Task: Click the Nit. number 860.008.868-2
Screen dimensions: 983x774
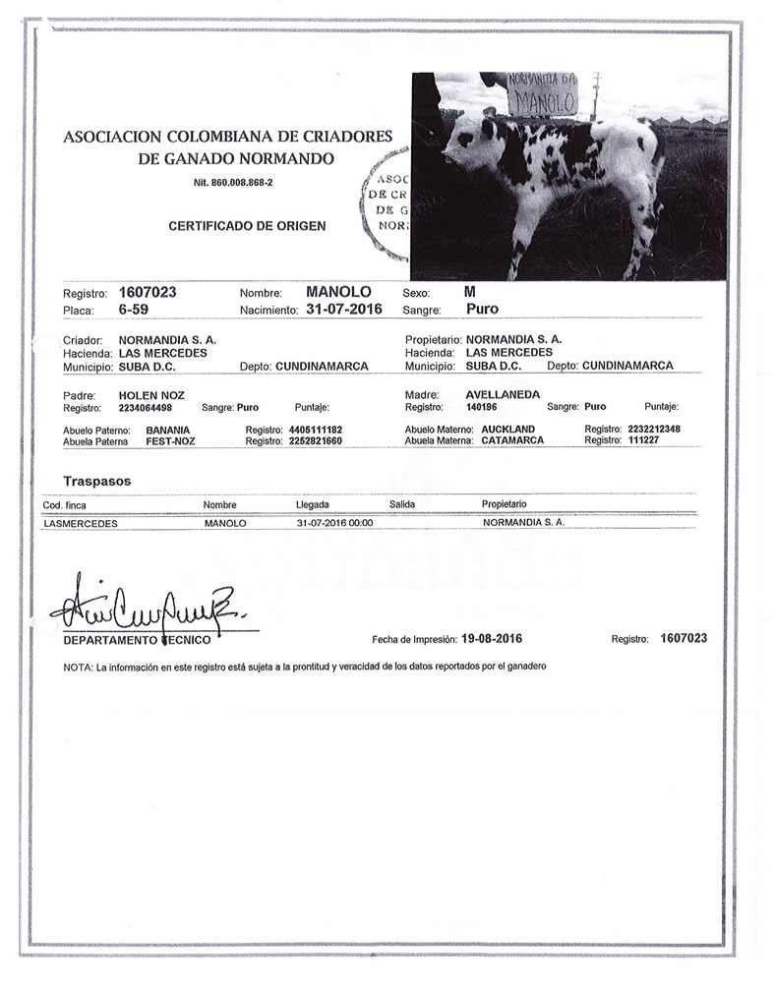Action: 233,184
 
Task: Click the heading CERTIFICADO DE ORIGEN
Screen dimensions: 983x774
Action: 247,226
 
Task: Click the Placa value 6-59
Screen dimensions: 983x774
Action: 134,310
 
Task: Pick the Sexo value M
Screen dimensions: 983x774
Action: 470,293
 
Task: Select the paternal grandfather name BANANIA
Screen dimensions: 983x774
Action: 168,431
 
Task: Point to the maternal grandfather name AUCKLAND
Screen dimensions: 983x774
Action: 507,431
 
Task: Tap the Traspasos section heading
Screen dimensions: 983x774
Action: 96,482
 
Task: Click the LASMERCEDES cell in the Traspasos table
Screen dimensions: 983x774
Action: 81,524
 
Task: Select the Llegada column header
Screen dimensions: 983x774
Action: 312,504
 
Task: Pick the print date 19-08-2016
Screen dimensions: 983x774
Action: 490,638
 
